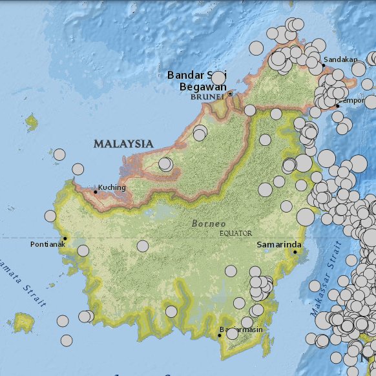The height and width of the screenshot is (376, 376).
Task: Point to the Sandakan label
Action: click(x=340, y=60)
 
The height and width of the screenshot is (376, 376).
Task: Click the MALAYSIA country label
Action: click(x=123, y=144)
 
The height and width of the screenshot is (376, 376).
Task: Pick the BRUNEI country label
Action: click(x=207, y=97)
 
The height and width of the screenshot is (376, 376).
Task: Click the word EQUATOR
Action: click(x=236, y=233)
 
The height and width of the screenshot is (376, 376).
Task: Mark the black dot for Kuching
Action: click(x=96, y=192)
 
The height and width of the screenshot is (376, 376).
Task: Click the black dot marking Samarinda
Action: click(x=295, y=252)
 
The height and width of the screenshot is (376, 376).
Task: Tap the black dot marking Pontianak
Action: click(x=65, y=238)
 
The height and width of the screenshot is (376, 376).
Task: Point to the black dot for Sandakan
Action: click(x=323, y=65)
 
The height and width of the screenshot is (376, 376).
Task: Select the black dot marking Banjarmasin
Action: click(x=219, y=335)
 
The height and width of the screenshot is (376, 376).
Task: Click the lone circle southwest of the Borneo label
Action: click(x=142, y=246)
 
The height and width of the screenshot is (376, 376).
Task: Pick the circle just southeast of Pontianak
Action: click(x=83, y=251)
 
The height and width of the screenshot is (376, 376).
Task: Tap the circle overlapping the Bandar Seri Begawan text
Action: click(x=218, y=78)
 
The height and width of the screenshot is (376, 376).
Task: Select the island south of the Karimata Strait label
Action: click(x=24, y=320)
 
